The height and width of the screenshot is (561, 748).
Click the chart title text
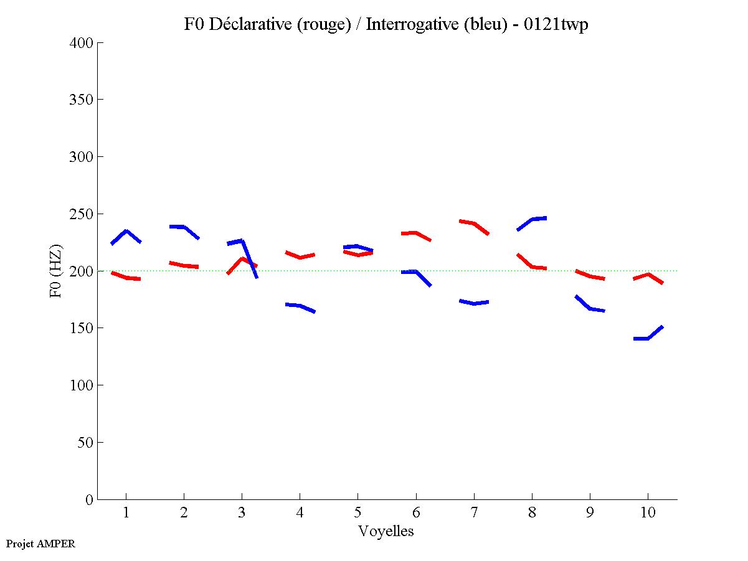(386, 24)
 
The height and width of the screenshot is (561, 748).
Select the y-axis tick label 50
(87, 443)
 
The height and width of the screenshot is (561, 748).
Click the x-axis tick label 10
(648, 513)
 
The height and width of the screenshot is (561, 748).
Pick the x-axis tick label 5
(357, 513)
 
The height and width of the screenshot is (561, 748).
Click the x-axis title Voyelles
(386, 531)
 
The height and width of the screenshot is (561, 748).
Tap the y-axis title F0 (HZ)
(56, 271)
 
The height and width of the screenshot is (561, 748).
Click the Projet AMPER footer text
(40, 544)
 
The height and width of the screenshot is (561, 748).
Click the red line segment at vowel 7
(474, 223)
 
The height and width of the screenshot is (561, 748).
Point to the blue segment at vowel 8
(533, 219)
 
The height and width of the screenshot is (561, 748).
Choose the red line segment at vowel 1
(126, 277)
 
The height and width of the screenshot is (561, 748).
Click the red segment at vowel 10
(648, 275)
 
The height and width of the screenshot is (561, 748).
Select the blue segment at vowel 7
(474, 303)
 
